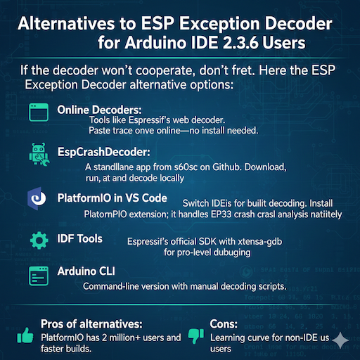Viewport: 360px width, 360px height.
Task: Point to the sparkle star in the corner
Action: [342, 340]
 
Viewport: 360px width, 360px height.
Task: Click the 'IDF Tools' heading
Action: [79, 239]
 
